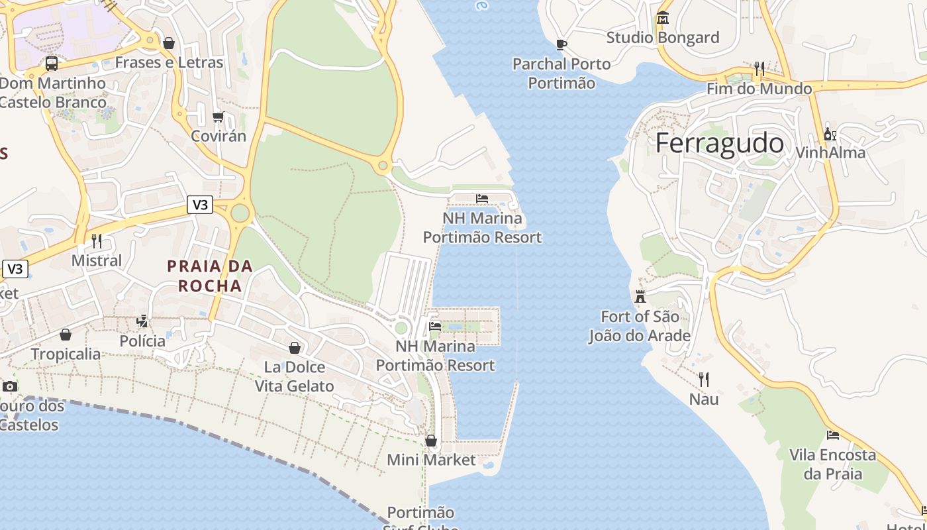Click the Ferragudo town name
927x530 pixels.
[719, 143]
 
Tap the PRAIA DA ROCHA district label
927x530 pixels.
[210, 276]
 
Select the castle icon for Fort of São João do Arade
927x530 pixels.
[640, 296]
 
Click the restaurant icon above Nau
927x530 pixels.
[704, 380]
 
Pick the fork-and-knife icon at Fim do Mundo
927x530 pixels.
[759, 69]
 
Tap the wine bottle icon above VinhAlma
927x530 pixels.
[830, 133]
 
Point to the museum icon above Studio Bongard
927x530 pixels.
[663, 18]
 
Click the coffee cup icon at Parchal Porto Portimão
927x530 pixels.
[561, 44]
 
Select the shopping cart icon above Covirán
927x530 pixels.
[218, 117]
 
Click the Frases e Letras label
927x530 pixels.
[169, 63]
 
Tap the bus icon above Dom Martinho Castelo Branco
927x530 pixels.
[52, 64]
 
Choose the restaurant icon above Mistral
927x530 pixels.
[97, 240]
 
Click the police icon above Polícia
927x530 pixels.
[142, 321]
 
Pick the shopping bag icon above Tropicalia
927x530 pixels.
[66, 335]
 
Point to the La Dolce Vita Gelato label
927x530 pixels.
[295, 376]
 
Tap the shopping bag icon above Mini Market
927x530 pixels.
[431, 441]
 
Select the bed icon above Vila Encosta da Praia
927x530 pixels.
[833, 435]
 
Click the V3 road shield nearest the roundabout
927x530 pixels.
[200, 205]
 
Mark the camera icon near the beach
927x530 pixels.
[9, 386]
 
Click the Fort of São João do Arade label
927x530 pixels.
[640, 326]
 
